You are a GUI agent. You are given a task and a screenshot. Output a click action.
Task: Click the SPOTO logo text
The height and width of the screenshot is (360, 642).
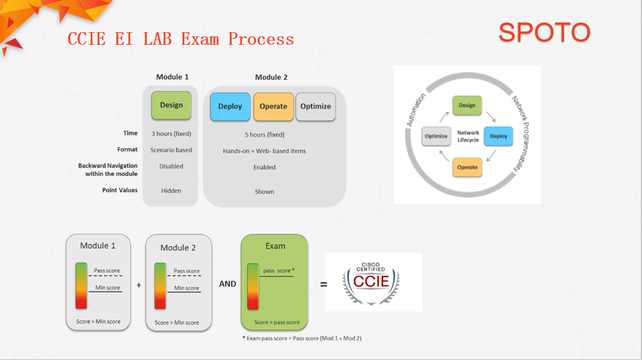tap(544, 32)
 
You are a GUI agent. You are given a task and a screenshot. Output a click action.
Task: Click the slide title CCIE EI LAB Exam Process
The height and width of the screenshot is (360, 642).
tap(181, 39)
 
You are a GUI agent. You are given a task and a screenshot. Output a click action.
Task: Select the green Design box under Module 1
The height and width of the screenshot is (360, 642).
tap(171, 105)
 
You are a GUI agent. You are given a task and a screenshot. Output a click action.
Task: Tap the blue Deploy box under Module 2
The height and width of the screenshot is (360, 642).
tap(230, 106)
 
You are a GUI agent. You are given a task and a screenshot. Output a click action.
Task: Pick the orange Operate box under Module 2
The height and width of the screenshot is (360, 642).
tap(273, 106)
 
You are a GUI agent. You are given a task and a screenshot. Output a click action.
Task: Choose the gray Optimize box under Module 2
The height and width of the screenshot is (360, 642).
tap(315, 106)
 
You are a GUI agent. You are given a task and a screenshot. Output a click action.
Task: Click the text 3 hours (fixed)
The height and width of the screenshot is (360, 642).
tap(171, 133)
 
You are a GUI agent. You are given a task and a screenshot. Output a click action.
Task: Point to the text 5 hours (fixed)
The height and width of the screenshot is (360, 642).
tap(264, 135)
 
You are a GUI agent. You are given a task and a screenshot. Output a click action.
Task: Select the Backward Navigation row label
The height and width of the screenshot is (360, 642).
tap(108, 169)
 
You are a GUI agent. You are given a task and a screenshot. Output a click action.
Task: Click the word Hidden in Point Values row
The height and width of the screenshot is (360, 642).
tap(171, 191)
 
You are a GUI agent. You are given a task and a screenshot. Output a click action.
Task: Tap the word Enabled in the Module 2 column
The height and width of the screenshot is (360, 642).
tap(264, 167)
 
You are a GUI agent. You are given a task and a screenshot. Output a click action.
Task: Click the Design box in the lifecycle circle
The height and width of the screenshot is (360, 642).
tap(467, 105)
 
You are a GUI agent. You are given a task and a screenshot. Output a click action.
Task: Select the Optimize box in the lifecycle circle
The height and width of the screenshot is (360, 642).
tap(436, 136)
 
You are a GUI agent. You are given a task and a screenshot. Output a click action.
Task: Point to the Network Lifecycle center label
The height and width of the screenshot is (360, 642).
tap(468, 136)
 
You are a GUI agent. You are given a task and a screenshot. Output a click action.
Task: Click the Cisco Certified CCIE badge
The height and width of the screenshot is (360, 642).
tap(373, 282)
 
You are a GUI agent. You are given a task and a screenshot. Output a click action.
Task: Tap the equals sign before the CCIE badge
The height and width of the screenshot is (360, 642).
tap(324, 284)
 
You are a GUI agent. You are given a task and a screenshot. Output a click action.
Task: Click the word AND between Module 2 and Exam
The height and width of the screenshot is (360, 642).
tap(227, 284)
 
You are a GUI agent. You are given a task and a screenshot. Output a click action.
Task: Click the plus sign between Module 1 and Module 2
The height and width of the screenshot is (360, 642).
tap(139, 285)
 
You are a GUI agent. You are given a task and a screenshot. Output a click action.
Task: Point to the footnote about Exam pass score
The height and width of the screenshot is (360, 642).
tap(302, 338)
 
